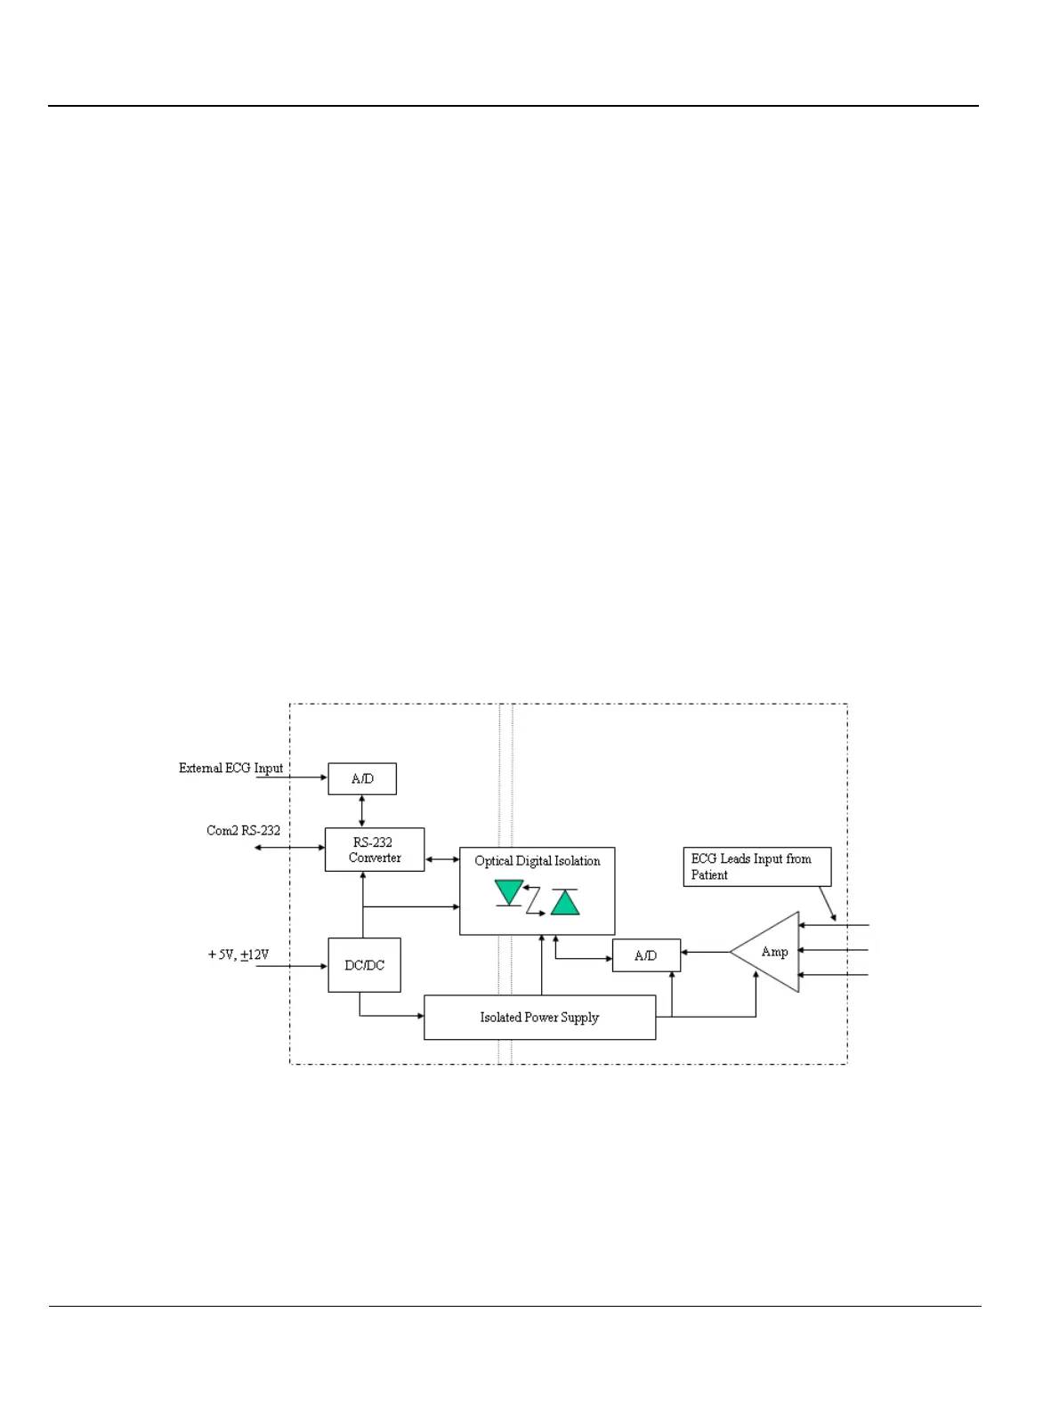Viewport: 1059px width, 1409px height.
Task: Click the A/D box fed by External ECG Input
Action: tap(361, 778)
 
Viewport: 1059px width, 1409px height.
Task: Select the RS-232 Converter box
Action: tap(374, 849)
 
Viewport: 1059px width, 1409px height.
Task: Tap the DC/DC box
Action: tap(364, 965)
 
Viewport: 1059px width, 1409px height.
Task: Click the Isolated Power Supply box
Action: tap(539, 1017)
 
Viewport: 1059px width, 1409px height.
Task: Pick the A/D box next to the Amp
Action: tap(646, 955)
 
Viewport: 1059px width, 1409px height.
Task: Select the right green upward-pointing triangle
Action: tap(565, 902)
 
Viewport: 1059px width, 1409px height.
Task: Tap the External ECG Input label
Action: tap(230, 768)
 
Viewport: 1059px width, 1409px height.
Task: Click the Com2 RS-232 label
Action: tap(243, 830)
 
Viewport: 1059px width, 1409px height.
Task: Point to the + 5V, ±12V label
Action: tap(238, 954)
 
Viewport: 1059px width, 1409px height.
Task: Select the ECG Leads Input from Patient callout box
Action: tap(756, 866)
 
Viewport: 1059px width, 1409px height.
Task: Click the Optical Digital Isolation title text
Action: tap(537, 860)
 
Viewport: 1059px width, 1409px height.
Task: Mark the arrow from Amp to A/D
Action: tap(705, 952)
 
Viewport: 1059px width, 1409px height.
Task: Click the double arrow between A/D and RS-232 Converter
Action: tap(361, 811)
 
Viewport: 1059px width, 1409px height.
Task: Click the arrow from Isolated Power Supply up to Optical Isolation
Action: tap(541, 965)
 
